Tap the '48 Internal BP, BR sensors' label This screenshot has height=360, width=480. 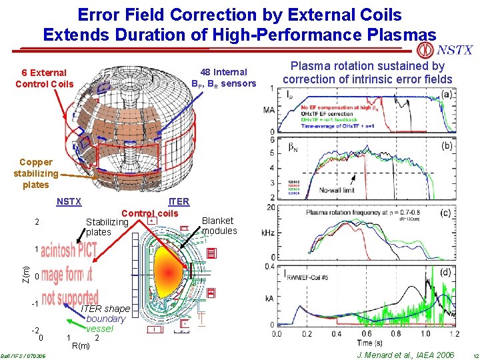(x=223, y=78)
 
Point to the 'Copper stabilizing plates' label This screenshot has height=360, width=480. (x=35, y=173)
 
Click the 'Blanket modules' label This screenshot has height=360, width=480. (x=219, y=225)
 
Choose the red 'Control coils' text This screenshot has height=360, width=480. (x=149, y=213)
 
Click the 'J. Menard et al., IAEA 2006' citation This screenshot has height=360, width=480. (x=405, y=355)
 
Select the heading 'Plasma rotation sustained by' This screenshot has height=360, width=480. (x=367, y=66)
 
